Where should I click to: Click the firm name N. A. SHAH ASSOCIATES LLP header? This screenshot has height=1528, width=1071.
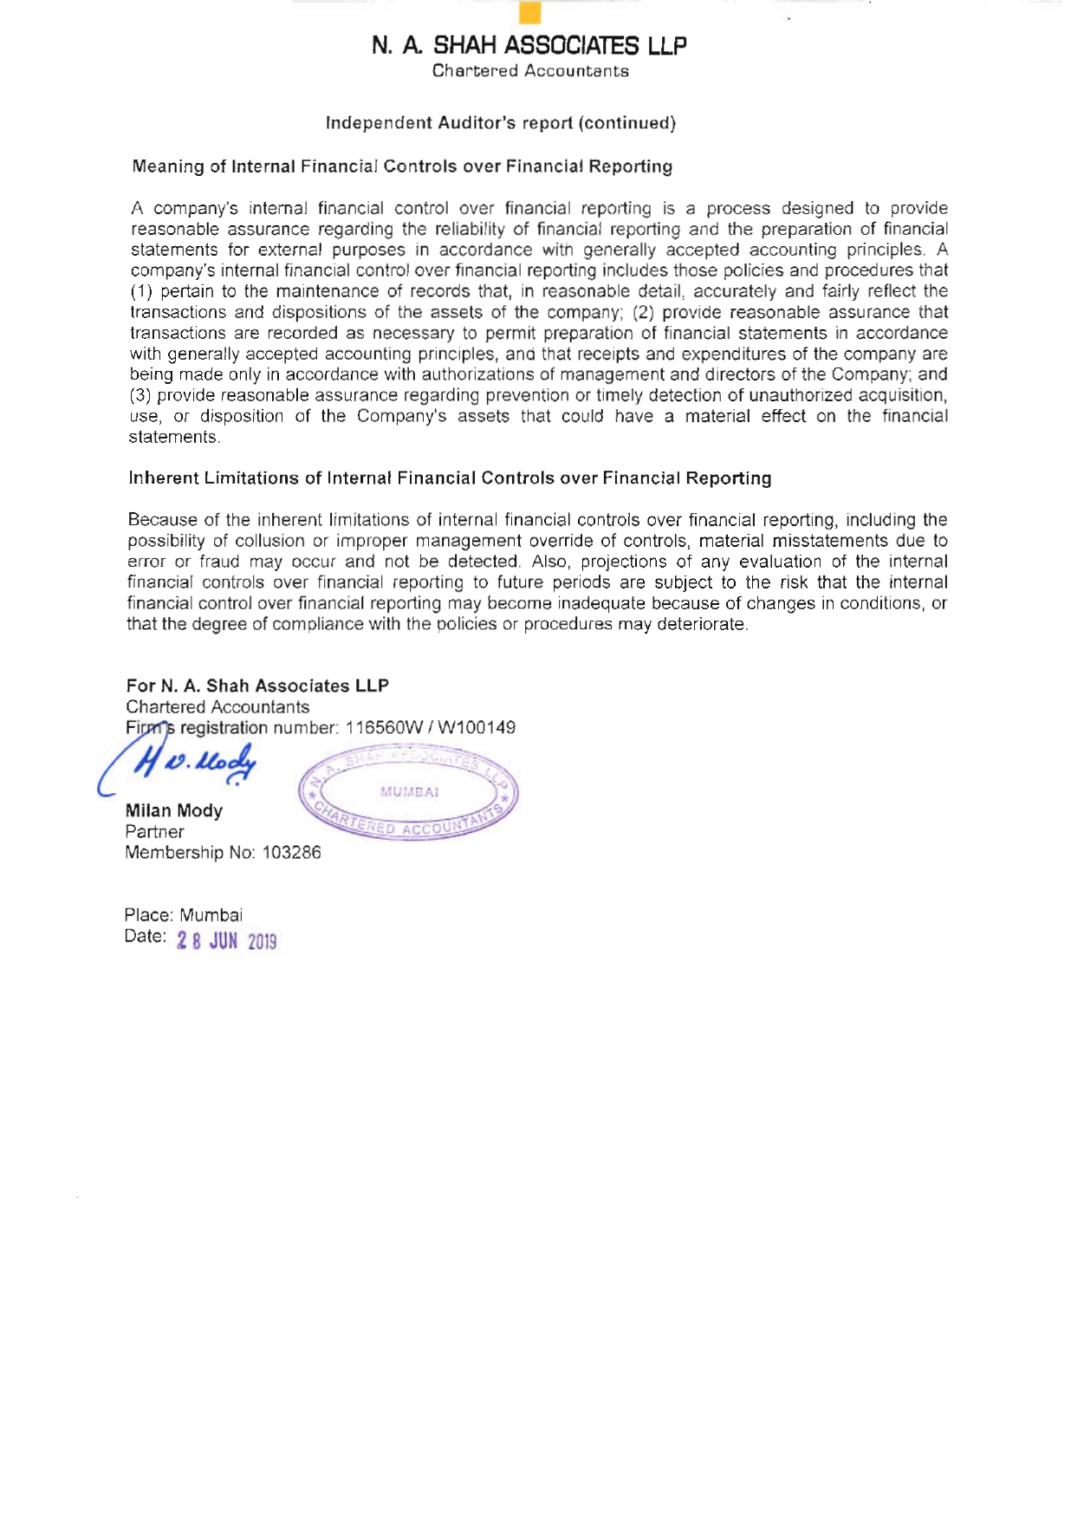tap(529, 45)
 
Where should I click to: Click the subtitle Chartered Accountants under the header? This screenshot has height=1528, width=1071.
tap(530, 71)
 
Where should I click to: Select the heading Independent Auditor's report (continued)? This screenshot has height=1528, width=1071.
tap(500, 123)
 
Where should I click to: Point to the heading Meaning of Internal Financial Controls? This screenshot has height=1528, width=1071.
tap(402, 166)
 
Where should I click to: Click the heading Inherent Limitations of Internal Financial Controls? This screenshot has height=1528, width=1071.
tap(450, 478)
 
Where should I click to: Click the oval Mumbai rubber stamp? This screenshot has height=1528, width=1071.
tap(408, 793)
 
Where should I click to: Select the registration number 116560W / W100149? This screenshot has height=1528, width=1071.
tap(430, 728)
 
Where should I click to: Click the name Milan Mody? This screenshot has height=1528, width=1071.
tap(174, 811)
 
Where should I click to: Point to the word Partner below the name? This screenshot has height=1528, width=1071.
tap(154, 832)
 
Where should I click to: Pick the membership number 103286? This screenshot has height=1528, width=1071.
tap(291, 853)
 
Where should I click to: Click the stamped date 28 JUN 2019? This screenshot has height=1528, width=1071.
tap(226, 941)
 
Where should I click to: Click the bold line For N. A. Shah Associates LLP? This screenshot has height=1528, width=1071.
tap(257, 686)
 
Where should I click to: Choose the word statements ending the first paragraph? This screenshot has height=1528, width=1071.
tap(172, 437)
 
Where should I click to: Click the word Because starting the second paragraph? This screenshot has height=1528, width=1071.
tap(161, 520)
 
